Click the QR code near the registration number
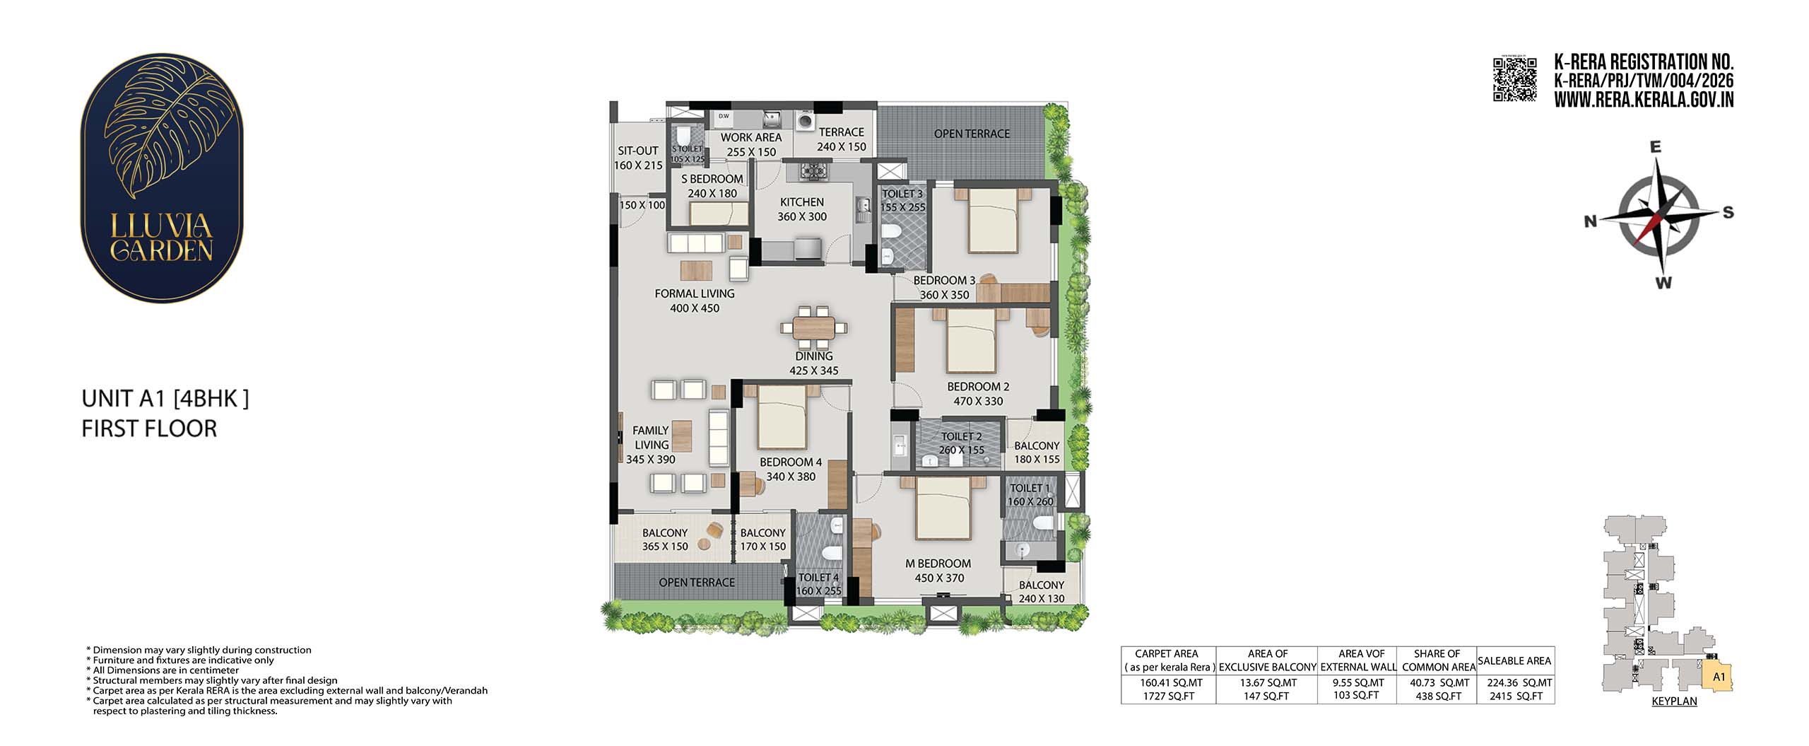point(1514,79)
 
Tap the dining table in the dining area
point(813,327)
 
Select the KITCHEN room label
point(802,202)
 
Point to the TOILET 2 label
point(961,436)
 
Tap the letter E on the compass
point(1655,147)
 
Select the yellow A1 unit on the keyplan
point(1719,676)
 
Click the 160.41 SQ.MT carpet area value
point(1166,683)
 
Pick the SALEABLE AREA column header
point(1514,660)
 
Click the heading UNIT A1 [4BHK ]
point(165,399)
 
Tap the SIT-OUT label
point(638,151)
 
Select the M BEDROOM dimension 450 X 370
point(939,578)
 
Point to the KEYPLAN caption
point(1674,701)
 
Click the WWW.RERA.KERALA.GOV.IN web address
point(1644,100)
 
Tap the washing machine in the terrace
point(805,122)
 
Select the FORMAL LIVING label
point(695,293)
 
